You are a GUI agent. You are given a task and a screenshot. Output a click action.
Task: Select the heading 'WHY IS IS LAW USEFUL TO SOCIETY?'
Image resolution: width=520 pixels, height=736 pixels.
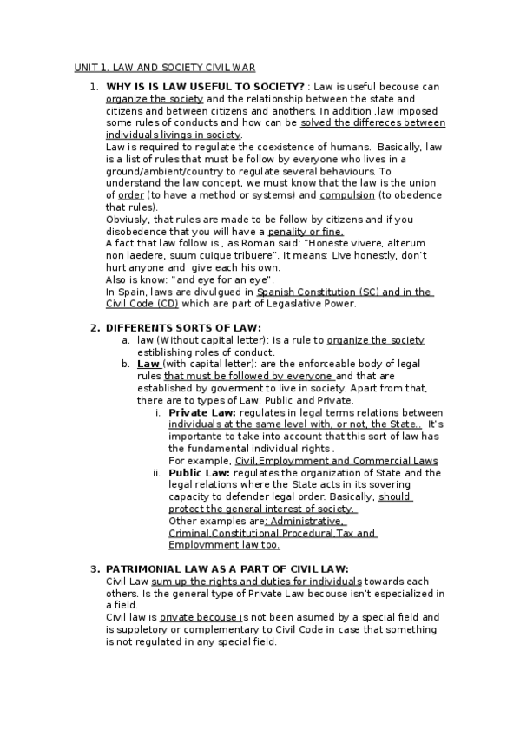[205, 87]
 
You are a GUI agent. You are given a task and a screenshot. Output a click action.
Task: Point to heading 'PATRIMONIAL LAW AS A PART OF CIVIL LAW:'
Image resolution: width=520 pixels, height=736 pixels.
[227, 568]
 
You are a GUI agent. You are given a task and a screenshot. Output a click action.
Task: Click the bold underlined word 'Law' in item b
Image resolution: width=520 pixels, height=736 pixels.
[148, 364]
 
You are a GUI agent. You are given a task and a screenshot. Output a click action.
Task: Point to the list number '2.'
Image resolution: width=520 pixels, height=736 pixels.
[95, 327]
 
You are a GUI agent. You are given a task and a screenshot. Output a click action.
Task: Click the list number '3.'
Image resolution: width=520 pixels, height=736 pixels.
[95, 568]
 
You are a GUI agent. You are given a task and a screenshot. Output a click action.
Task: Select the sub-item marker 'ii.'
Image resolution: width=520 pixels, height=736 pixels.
[156, 473]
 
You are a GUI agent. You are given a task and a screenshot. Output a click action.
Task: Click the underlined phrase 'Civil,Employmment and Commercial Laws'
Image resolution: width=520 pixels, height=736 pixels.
[337, 460]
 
